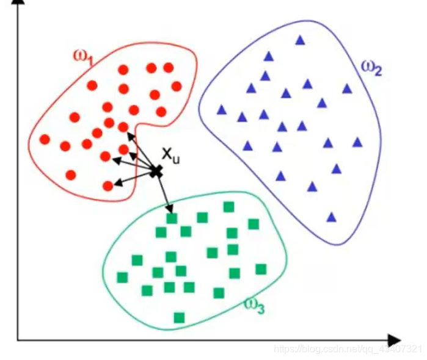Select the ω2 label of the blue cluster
(x=370, y=68)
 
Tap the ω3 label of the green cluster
(x=254, y=304)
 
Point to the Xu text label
(x=171, y=156)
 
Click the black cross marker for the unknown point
(x=156, y=171)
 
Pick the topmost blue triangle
(x=300, y=40)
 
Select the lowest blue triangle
(x=332, y=217)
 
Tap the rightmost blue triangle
(x=357, y=142)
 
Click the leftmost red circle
(x=45, y=139)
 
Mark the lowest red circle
(x=108, y=185)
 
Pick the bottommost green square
(x=179, y=317)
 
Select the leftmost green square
(x=122, y=278)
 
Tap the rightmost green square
(x=261, y=269)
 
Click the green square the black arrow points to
(x=172, y=218)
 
